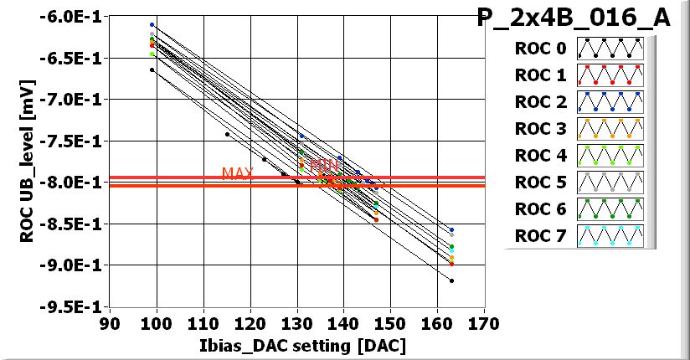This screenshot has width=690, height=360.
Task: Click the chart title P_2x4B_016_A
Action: (574, 18)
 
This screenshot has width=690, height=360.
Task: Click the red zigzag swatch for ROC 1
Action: (610, 75)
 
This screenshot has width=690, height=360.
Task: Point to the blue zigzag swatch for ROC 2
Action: (610, 102)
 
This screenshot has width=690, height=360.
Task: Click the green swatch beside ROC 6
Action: (610, 209)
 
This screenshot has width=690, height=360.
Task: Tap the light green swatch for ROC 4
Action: (610, 156)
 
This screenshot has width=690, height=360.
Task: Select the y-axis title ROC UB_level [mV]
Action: (28, 162)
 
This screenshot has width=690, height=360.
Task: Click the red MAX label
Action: (237, 173)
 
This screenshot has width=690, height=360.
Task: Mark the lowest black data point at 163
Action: (451, 280)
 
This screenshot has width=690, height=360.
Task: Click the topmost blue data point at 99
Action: (152, 25)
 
